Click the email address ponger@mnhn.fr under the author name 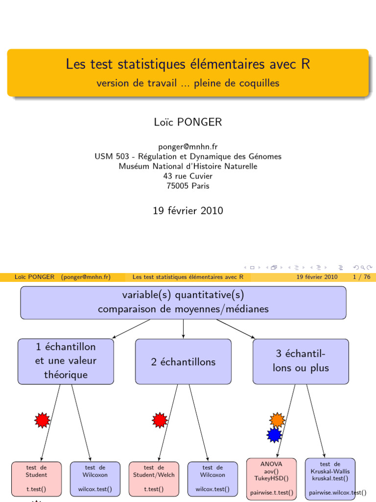(188, 147)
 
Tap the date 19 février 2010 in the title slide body (188, 211)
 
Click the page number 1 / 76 (361, 277)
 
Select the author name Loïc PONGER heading (188, 123)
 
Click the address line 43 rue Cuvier (188, 176)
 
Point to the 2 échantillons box (183, 362)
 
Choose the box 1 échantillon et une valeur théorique (66, 361)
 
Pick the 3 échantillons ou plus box (301, 361)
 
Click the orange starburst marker (277, 420)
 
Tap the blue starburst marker (275, 434)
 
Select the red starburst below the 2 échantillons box (160, 420)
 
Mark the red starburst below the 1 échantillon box (43, 420)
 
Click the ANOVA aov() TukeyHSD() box (271, 478)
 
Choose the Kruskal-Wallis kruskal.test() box (330, 478)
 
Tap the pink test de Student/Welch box (154, 478)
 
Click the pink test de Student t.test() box (37, 478)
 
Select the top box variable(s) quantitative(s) (183, 302)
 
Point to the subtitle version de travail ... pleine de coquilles (188, 83)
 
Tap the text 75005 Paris (188, 186)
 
